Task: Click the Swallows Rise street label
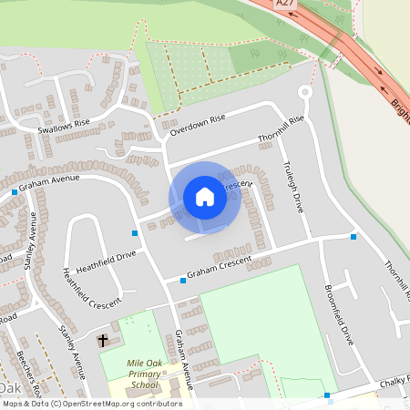click(65, 125)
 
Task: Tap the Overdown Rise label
click(197, 125)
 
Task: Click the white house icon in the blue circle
click(205, 197)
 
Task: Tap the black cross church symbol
click(103, 341)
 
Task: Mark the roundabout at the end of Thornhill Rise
click(304, 91)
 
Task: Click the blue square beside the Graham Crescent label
click(183, 281)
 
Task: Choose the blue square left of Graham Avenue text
click(15, 192)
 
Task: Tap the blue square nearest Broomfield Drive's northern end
click(354, 237)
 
